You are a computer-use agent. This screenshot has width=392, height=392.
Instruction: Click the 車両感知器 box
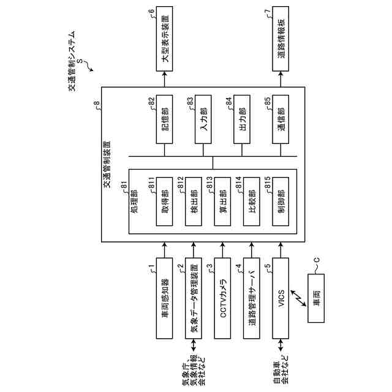click(164, 298)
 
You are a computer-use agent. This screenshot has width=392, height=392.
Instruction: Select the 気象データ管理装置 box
click(194, 298)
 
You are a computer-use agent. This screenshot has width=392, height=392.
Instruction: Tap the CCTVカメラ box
click(223, 298)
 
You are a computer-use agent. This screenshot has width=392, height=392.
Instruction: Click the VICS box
click(282, 298)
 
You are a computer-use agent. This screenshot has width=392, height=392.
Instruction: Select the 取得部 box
click(165, 205)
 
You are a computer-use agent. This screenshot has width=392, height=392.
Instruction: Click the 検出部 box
click(194, 205)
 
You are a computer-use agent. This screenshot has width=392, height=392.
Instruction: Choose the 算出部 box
click(223, 205)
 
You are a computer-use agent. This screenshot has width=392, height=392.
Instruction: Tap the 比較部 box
click(252, 205)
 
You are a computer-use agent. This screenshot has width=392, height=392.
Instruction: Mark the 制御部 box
click(282, 205)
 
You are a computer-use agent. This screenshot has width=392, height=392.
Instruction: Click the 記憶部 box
click(164, 121)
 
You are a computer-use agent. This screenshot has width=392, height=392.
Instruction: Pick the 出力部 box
click(242, 121)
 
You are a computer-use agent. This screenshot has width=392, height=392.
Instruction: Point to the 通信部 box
click(281, 121)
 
